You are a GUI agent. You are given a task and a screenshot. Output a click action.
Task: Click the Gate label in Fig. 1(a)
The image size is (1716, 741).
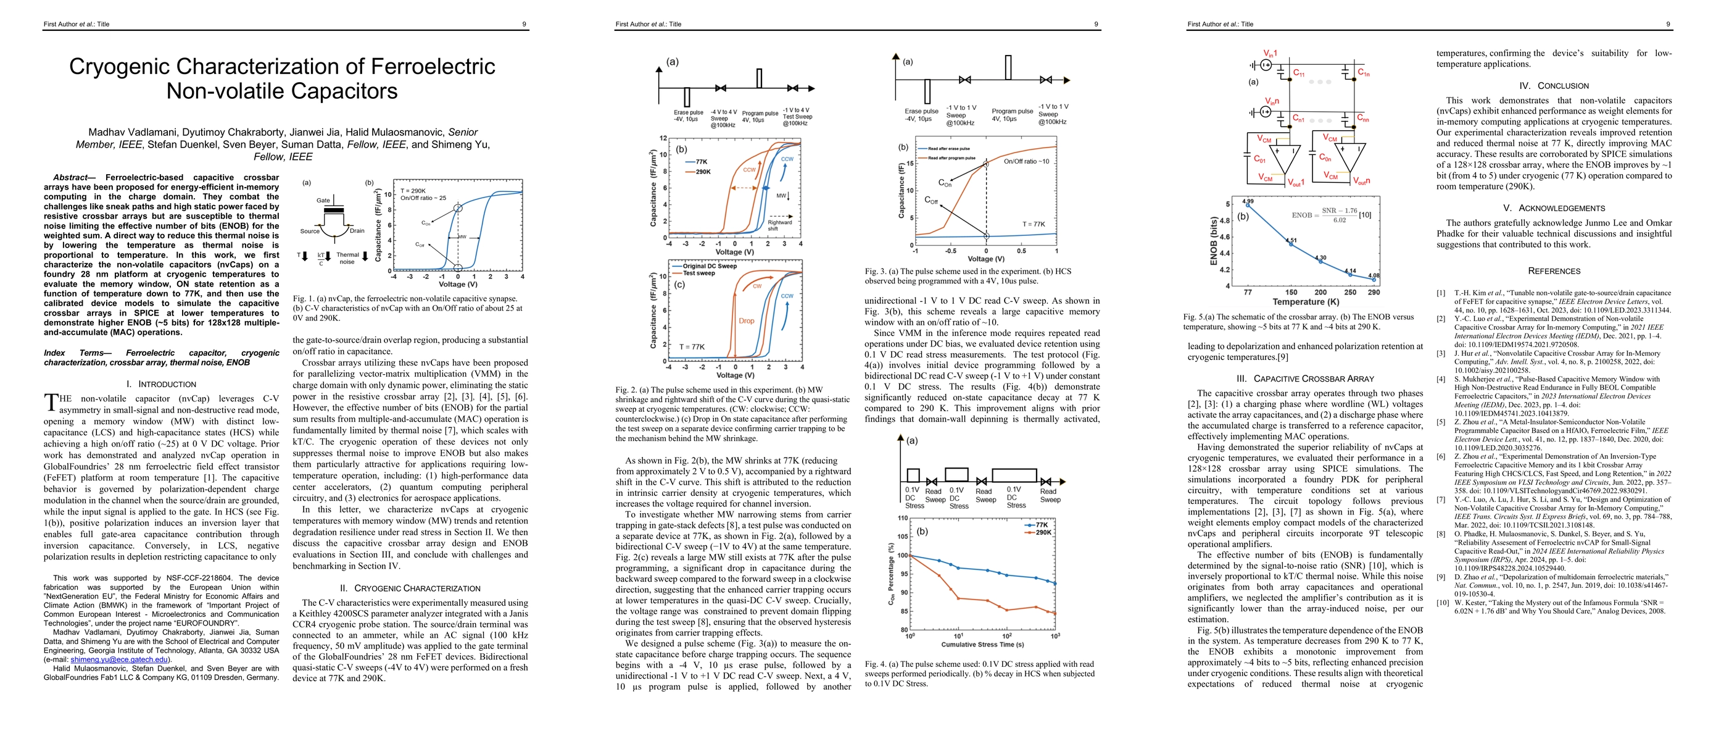pos(323,200)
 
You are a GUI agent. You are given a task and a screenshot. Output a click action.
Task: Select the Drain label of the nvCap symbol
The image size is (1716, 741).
pos(357,230)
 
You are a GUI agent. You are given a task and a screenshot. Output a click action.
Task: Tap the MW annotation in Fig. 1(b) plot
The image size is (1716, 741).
pos(462,237)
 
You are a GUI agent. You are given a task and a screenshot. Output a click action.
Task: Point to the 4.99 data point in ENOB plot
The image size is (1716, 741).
pos(1248,205)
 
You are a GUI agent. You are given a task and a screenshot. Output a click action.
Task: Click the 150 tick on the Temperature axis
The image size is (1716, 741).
pos(1291,292)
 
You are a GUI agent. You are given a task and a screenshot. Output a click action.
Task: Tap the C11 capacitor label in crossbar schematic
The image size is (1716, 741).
pos(1299,73)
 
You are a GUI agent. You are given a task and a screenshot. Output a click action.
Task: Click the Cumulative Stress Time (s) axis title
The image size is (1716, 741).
pos(982,645)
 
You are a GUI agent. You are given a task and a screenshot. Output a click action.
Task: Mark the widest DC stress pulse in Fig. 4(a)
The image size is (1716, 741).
pos(1014,475)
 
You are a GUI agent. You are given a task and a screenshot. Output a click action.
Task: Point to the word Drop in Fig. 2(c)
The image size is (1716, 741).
pos(746,320)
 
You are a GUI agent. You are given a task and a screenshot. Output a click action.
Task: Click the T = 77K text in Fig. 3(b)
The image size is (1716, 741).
pos(1034,225)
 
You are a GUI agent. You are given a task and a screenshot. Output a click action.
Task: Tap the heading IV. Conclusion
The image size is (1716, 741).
pos(1554,86)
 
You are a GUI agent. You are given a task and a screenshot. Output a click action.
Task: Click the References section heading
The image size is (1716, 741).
pos(1554,271)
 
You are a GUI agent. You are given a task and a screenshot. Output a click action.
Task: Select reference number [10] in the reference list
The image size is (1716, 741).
pos(1441,603)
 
